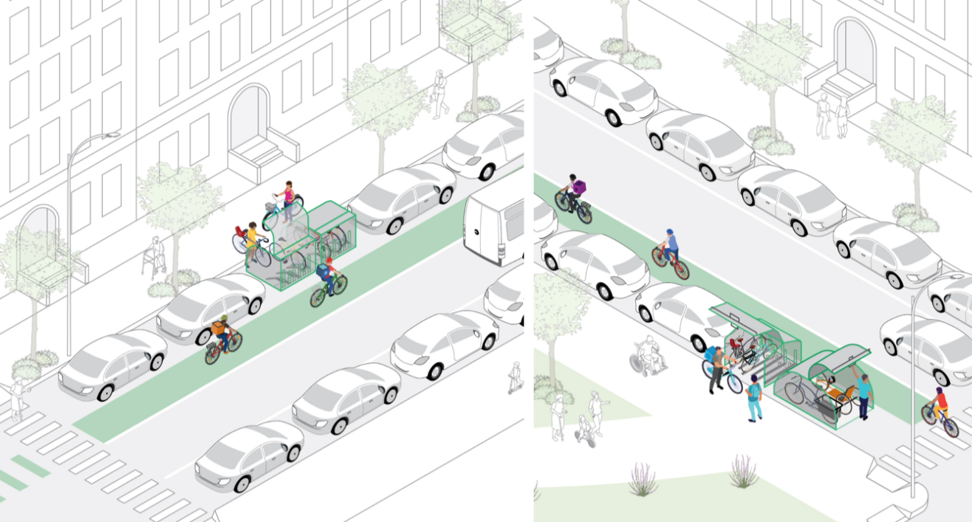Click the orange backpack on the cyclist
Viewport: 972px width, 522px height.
[x=219, y=326]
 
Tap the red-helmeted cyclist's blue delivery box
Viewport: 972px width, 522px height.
[x=323, y=271]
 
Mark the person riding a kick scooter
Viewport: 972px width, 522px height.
[x=514, y=377]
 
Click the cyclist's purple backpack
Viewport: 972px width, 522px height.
[x=581, y=188]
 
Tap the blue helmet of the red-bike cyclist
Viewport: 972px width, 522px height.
[x=669, y=233]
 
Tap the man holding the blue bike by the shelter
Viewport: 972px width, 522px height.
[x=715, y=370]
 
